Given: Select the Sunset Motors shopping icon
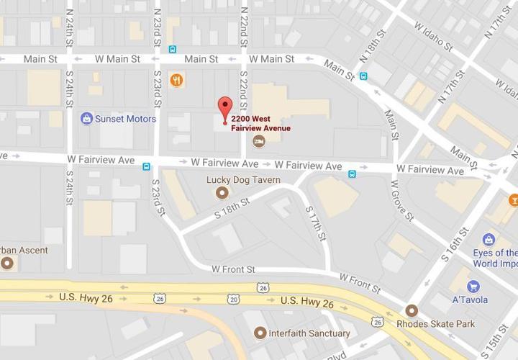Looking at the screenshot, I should [87, 119].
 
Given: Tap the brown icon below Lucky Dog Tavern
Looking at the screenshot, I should [222, 192].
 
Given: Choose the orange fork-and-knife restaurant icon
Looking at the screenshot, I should [176, 80].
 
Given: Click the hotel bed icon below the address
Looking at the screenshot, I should [258, 141].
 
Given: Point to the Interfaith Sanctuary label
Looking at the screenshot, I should [309, 333].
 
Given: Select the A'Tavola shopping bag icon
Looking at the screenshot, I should [473, 287].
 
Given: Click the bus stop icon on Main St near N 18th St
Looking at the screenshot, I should [364, 76].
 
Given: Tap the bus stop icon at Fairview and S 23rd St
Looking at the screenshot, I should [147, 166].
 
